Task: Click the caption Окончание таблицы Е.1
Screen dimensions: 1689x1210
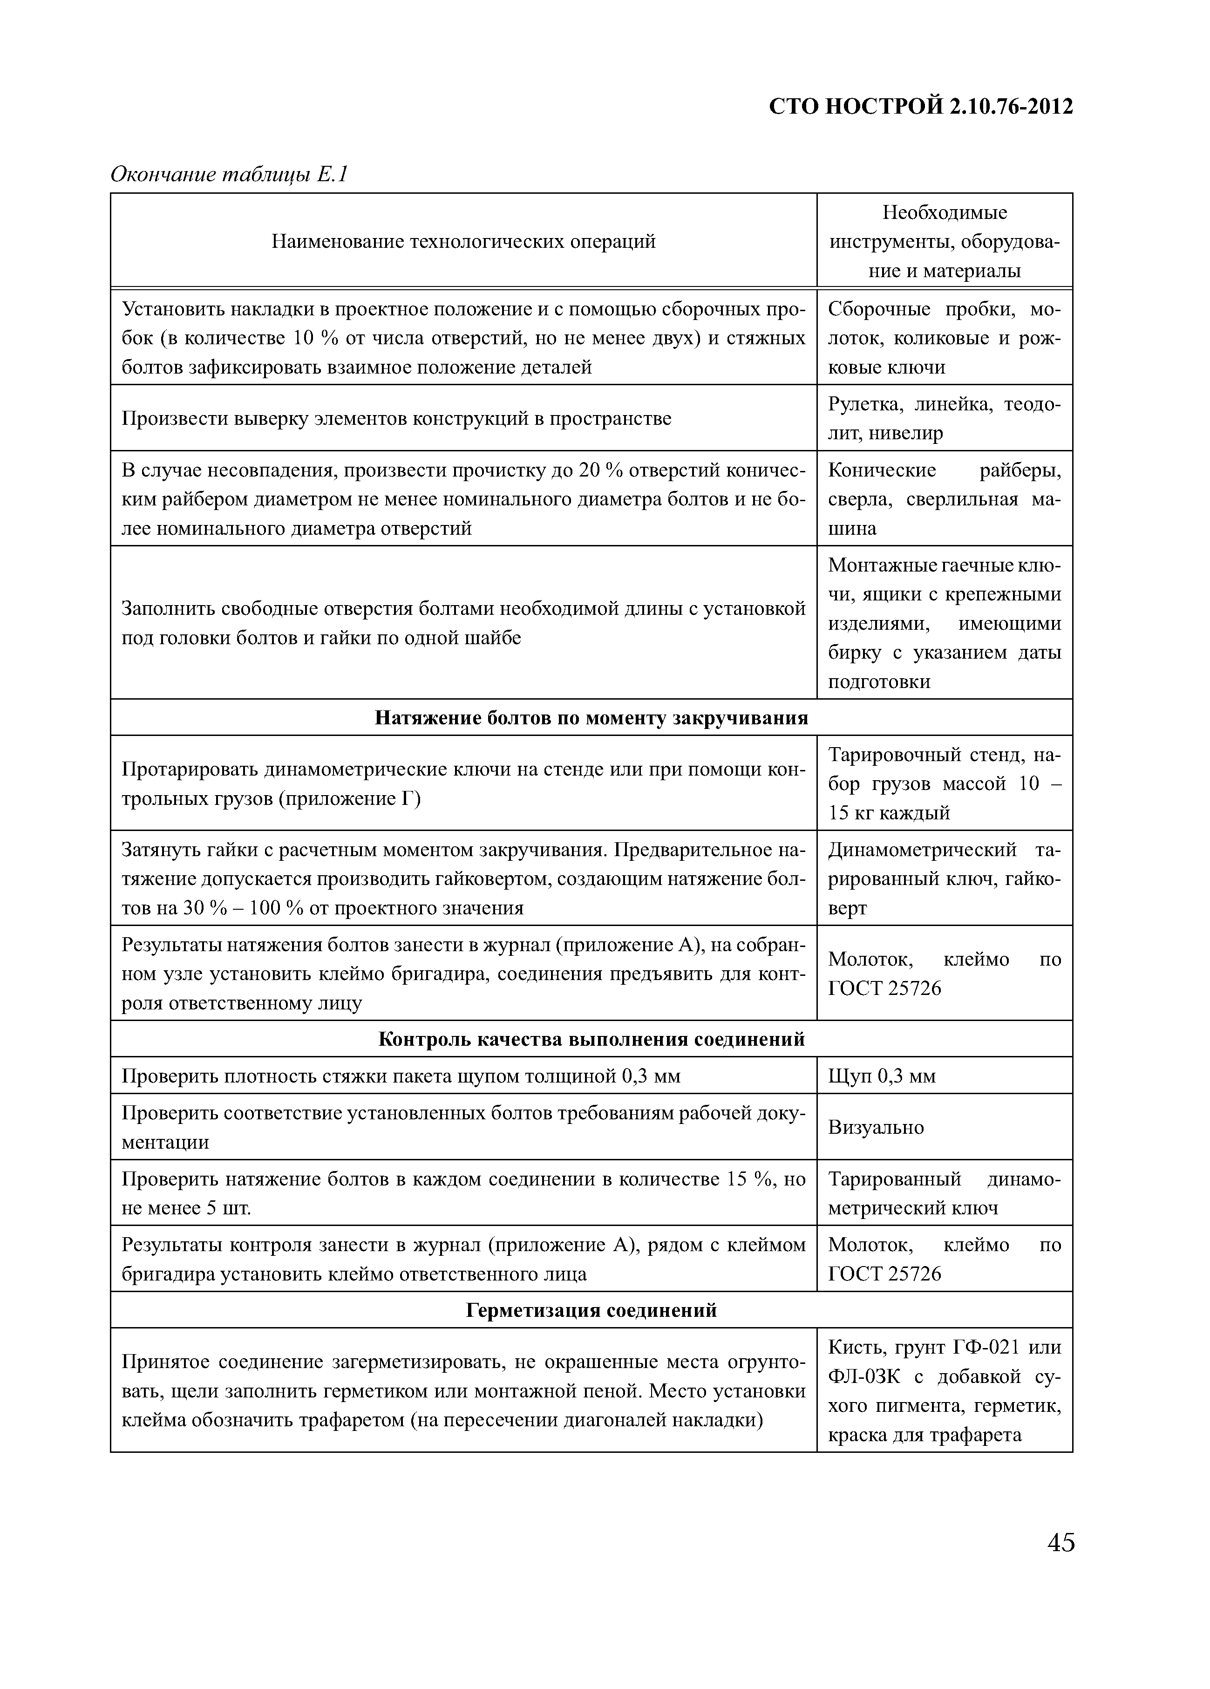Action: tap(229, 174)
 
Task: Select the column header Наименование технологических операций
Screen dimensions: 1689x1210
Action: tap(463, 241)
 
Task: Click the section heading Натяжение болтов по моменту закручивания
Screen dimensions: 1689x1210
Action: tap(591, 717)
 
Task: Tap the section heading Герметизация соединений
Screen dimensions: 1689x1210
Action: tap(591, 1310)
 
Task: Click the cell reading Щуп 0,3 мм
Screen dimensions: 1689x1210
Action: tap(882, 1076)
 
